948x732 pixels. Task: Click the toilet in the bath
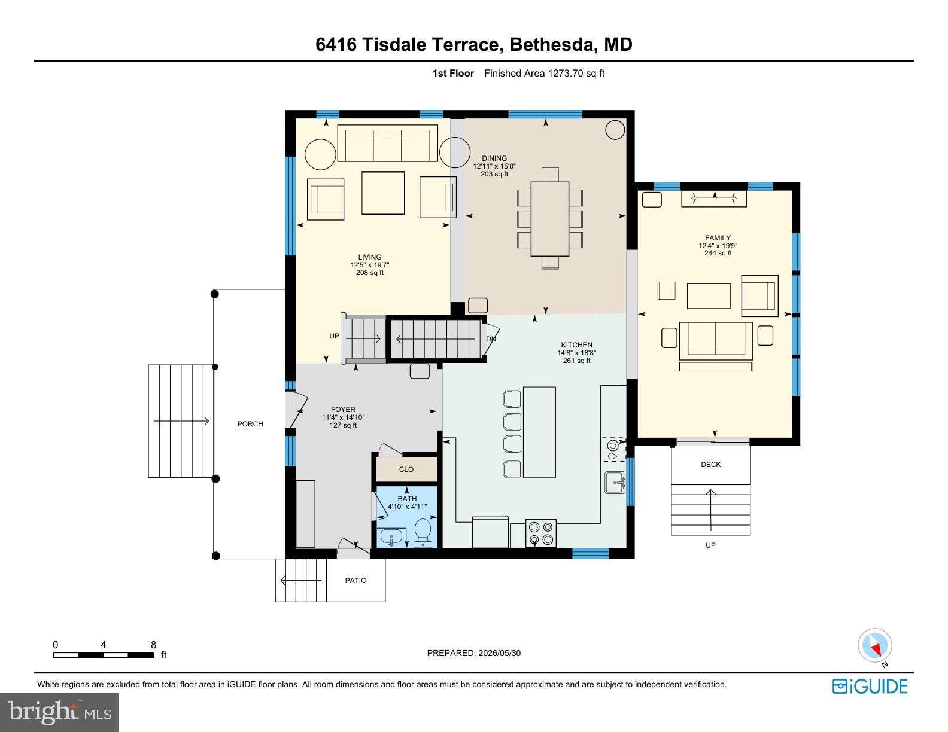tap(423, 532)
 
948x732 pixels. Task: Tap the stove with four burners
tap(541, 533)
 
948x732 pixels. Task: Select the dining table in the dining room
tap(549, 219)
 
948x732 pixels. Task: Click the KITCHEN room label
tap(576, 345)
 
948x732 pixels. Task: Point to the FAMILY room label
tap(718, 238)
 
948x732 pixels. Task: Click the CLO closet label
tap(406, 469)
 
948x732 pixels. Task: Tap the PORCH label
tap(250, 424)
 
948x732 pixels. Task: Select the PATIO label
tap(355, 581)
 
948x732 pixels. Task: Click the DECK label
tap(710, 465)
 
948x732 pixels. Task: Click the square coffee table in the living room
tap(383, 193)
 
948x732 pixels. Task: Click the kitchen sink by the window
tap(615, 483)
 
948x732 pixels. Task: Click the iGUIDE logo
tap(870, 687)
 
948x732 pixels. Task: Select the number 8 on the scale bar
tap(154, 645)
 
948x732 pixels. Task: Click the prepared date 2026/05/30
tap(500, 653)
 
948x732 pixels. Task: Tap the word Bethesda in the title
tap(551, 44)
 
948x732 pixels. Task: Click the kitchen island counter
tap(539, 432)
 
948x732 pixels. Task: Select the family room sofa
tap(715, 340)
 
